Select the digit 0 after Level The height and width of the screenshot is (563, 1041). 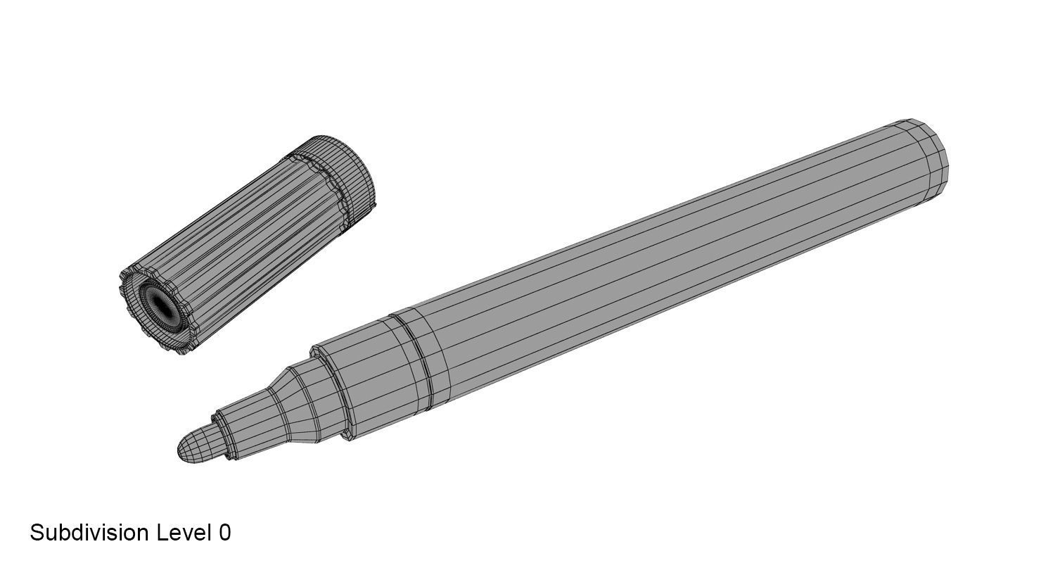point(224,533)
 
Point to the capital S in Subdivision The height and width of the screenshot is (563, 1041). point(37,533)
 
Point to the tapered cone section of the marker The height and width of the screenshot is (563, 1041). point(295,404)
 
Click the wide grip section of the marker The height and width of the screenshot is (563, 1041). point(366,373)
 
